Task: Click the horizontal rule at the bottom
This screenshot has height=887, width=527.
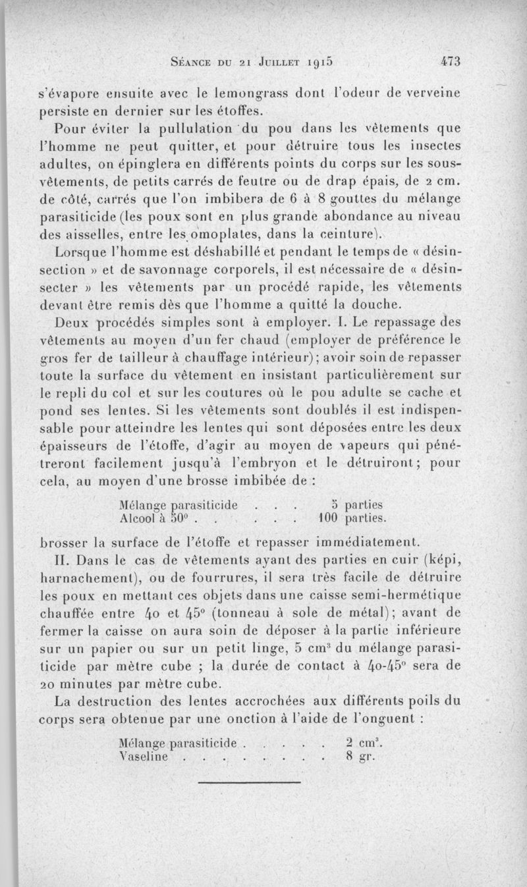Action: [x=250, y=782]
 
